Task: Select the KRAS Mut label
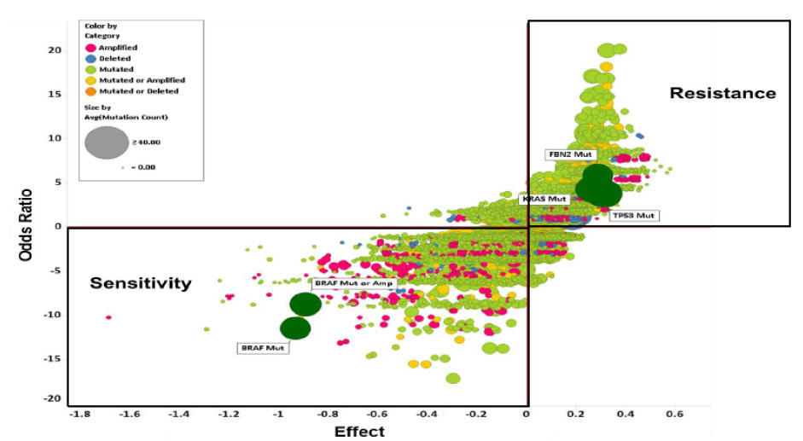(544, 199)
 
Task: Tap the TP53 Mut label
(632, 216)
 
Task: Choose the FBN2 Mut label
(569, 154)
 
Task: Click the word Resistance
(722, 93)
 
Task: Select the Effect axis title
(359, 432)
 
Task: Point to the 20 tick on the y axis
(55, 50)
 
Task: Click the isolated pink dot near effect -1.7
(108, 317)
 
